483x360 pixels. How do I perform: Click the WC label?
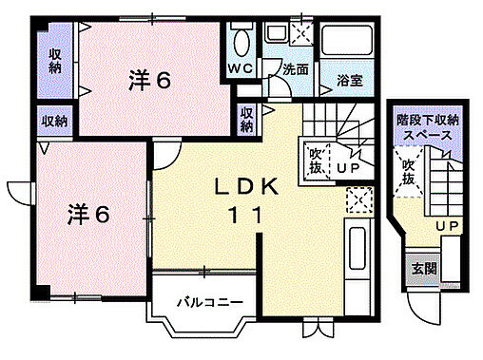point(239,69)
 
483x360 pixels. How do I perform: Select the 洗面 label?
point(296,70)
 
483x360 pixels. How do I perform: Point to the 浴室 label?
point(349,82)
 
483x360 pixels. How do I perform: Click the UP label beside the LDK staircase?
point(348,168)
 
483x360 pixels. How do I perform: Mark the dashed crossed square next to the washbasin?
point(301,33)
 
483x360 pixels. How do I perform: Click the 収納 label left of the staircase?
point(246,118)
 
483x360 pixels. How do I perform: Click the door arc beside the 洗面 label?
point(279,85)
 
